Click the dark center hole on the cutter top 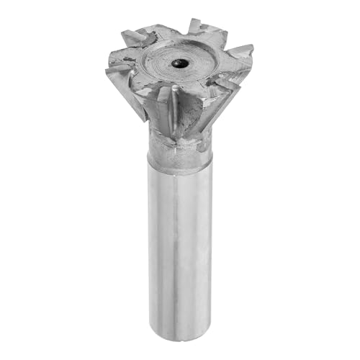[177, 64]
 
